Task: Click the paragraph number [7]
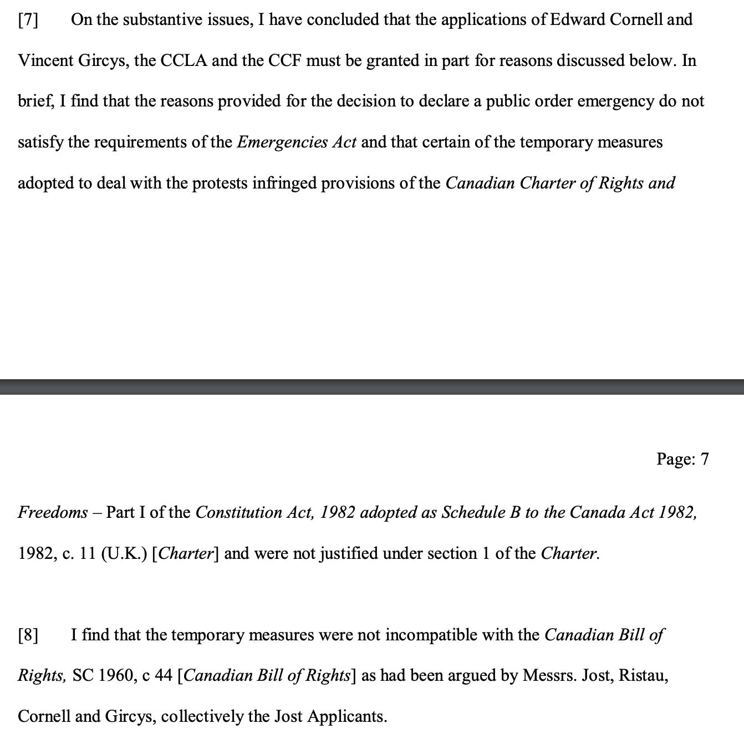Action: tap(28, 20)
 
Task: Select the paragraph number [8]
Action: tap(28, 635)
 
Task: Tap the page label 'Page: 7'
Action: tap(682, 459)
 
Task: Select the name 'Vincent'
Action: tap(45, 60)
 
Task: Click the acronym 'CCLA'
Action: tap(184, 60)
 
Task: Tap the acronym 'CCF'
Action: tap(285, 60)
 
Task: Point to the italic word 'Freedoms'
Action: tap(53, 512)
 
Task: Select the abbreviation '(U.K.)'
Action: tap(124, 553)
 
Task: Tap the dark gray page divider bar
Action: tap(372, 386)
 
